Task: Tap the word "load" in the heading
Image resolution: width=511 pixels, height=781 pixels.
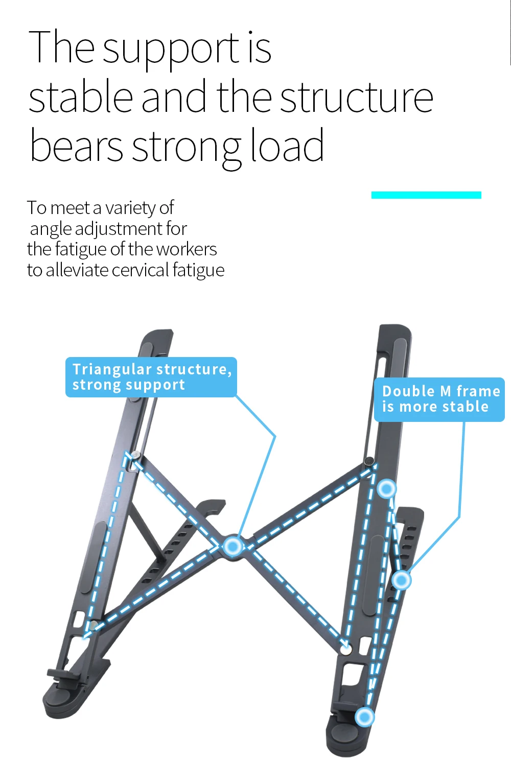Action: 287,147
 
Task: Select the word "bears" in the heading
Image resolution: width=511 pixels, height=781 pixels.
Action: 76,147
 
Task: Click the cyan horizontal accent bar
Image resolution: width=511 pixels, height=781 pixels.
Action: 426,195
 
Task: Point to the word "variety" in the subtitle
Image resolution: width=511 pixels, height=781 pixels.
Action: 130,208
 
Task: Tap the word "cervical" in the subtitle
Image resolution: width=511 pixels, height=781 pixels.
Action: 141,270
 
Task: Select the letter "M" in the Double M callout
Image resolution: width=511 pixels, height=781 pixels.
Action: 445,391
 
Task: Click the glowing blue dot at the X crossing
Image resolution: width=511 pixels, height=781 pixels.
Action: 233,547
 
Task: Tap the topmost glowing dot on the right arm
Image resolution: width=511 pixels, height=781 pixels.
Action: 387,489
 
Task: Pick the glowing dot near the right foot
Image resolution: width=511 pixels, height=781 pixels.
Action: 364,717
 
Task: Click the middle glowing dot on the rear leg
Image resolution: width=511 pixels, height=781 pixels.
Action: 401,580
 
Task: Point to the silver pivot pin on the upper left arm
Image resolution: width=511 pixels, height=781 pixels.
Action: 135,455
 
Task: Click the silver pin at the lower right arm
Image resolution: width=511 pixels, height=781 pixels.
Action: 346,650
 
